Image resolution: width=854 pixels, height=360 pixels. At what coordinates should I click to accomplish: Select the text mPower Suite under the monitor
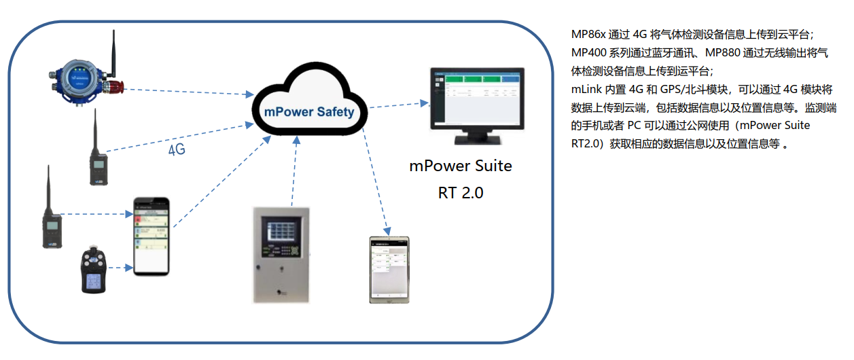pyautogui.click(x=460, y=166)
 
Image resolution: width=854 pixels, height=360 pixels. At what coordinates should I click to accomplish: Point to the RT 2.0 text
pyautogui.click(x=461, y=192)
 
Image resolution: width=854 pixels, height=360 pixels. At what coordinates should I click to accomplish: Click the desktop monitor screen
pyautogui.click(x=477, y=98)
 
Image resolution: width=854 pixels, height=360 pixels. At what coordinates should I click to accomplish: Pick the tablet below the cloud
pyautogui.click(x=389, y=270)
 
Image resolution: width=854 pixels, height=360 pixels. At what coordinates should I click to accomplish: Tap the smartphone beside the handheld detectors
pyautogui.click(x=150, y=236)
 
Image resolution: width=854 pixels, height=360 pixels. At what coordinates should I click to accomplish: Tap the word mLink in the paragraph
pyautogui.click(x=585, y=89)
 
